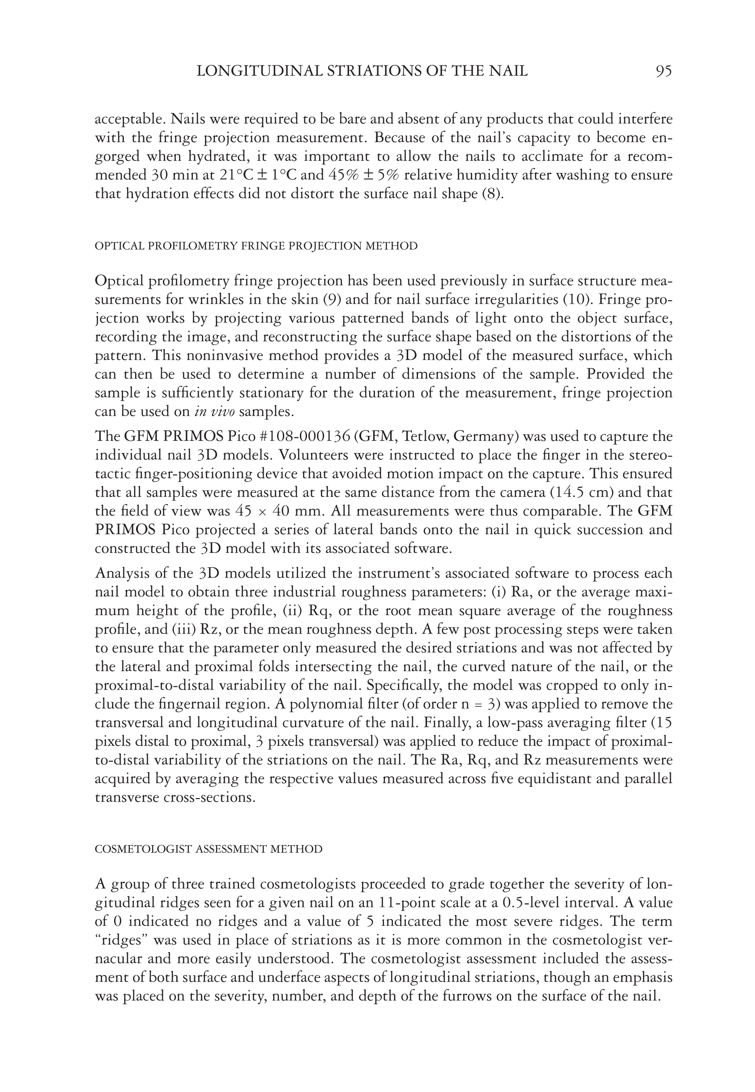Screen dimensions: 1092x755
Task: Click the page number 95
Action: tap(664, 71)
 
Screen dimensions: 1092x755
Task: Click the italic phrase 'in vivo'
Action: tap(214, 411)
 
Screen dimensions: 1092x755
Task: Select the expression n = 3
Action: tap(480, 704)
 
